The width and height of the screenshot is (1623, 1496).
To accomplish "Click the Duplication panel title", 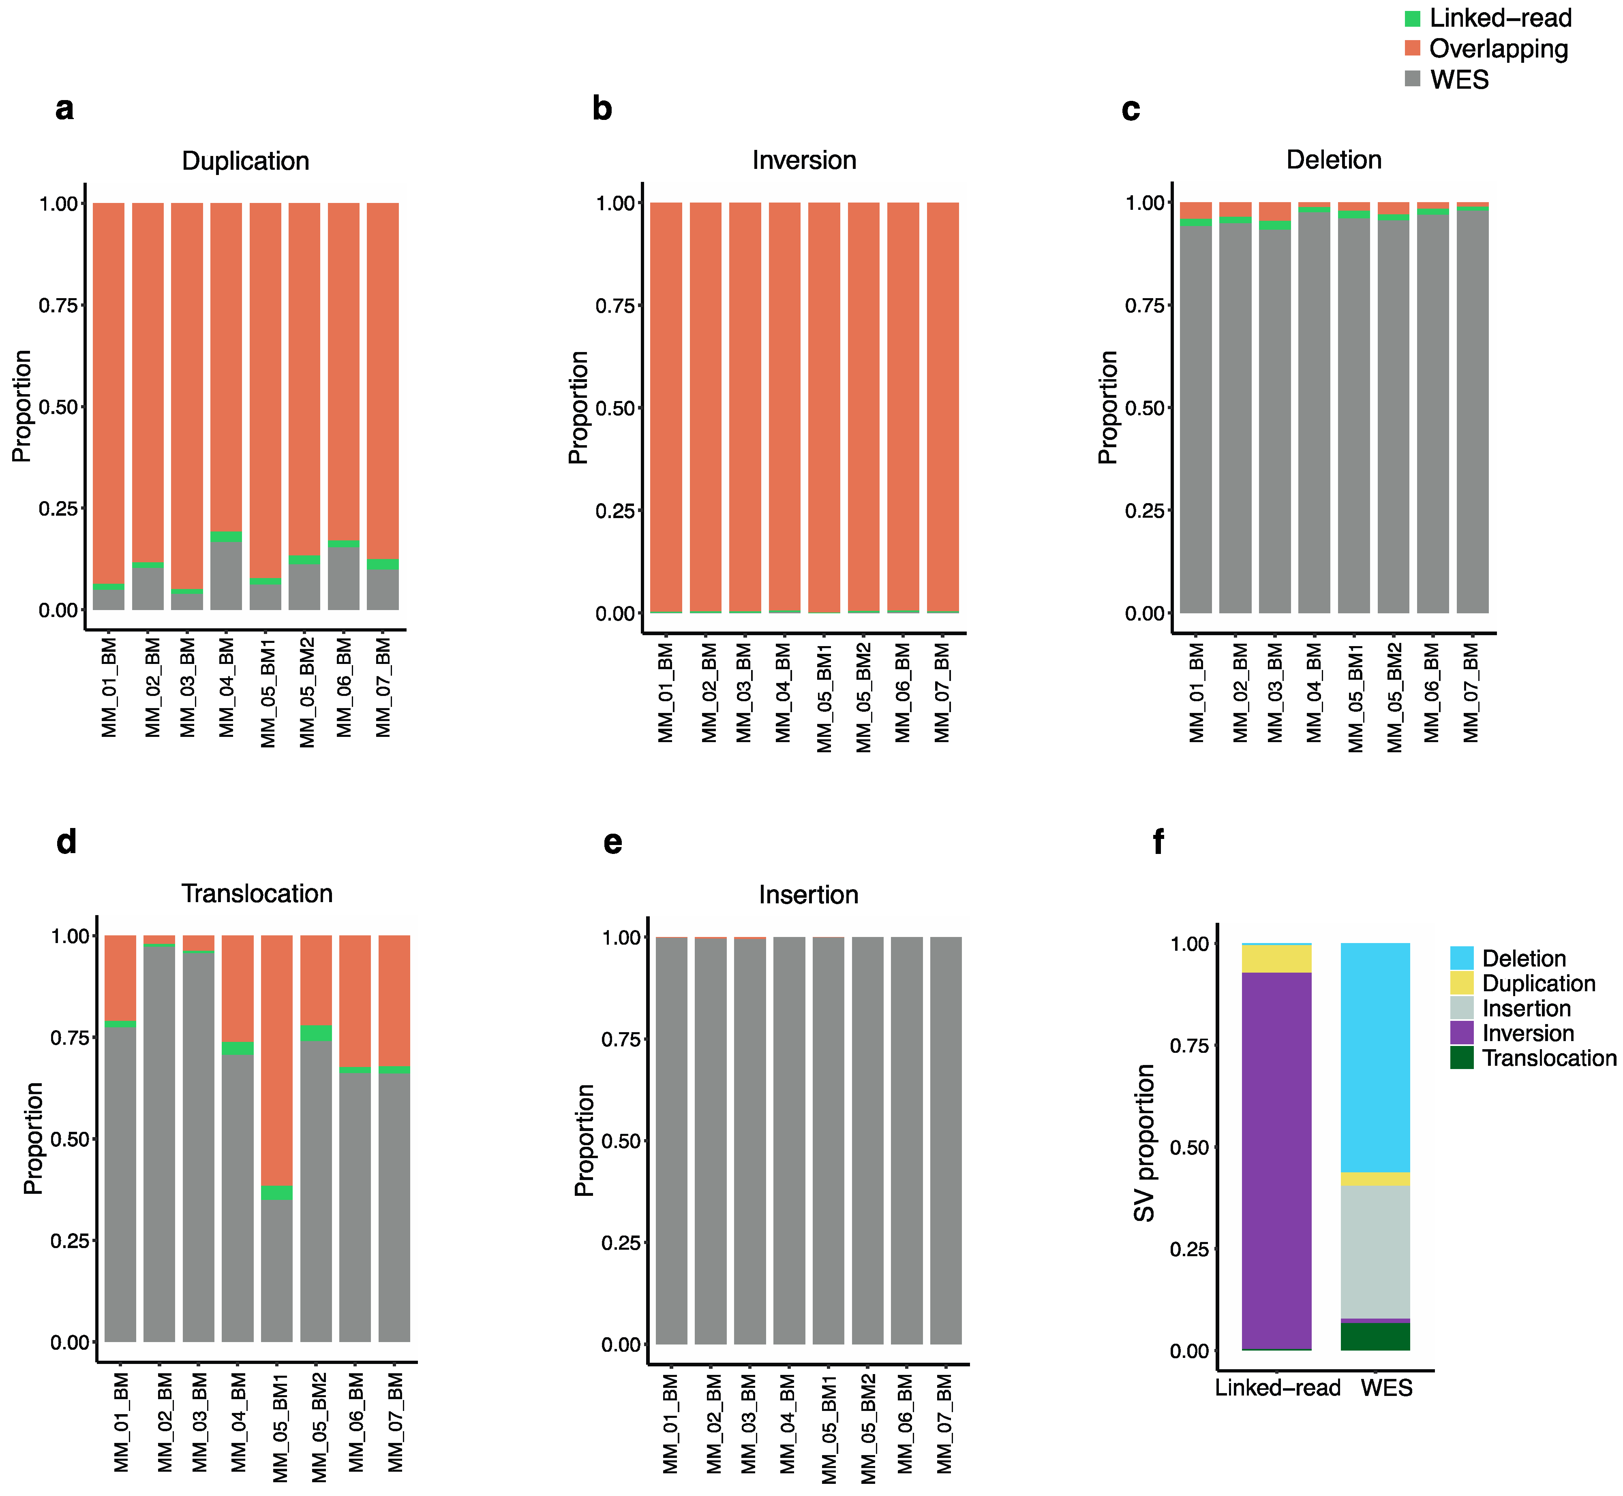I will [x=245, y=161].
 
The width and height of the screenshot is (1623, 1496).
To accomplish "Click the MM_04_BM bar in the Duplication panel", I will [x=226, y=405].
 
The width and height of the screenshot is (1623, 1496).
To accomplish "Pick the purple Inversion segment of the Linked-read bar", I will [x=1276, y=1158].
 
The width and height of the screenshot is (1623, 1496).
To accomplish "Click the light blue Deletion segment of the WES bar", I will [x=1375, y=1052].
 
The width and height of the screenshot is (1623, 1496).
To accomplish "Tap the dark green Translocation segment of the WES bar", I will [x=1375, y=1336].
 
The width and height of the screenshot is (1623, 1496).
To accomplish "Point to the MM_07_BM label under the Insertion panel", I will [x=944, y=1425].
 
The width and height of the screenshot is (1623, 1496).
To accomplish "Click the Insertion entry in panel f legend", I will [x=1526, y=1009].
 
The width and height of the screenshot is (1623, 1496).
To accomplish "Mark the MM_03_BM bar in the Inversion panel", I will [x=744, y=405].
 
